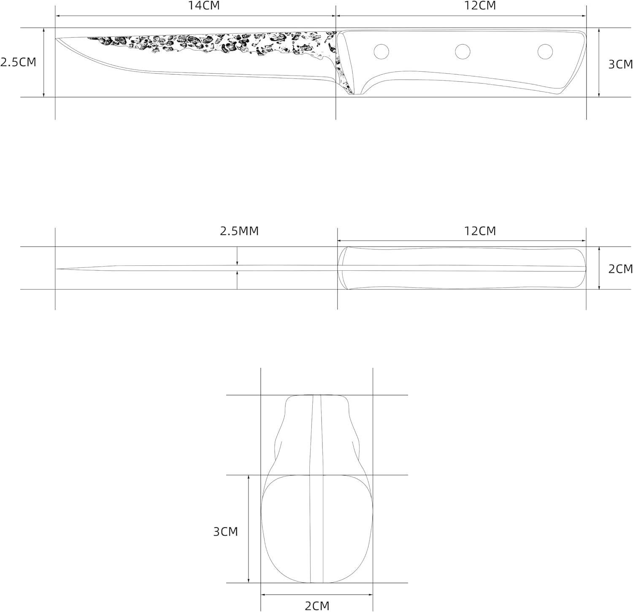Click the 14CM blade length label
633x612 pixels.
204,6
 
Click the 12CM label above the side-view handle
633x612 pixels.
480,6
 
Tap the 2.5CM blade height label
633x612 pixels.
18,62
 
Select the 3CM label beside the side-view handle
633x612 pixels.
620,64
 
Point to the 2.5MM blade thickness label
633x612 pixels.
239,231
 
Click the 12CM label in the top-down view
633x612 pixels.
480,231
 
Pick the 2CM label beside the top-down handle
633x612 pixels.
620,269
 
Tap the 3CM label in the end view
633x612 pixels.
225,531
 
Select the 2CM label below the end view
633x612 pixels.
316,606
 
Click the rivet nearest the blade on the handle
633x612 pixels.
381,51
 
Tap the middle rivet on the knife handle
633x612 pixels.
463,51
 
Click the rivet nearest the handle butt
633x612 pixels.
545,51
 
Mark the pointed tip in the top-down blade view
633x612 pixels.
57,269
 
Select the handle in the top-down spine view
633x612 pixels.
462,268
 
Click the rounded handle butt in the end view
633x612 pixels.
316,529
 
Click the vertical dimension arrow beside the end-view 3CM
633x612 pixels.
249,529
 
